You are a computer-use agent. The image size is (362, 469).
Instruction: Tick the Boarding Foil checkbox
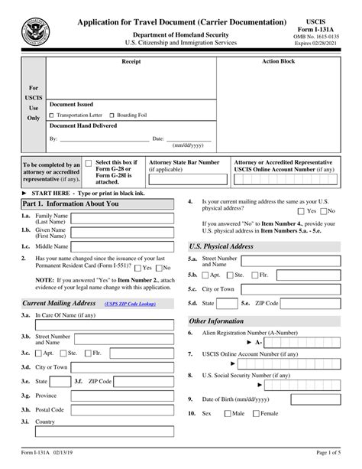coord(114,114)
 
